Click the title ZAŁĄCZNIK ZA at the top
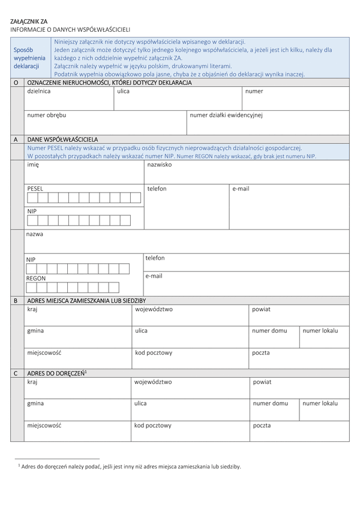point(29,21)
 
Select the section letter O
point(16,82)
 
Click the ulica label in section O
point(124,91)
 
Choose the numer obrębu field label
point(47,115)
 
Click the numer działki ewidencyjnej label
point(226,115)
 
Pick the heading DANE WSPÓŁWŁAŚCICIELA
point(62,139)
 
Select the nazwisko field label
point(160,164)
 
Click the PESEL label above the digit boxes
point(35,188)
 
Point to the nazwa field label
point(35,234)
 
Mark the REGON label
point(36,278)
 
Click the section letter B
point(15,300)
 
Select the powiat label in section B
point(261,309)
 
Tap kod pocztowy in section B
point(154,353)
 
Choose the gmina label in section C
point(35,403)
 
